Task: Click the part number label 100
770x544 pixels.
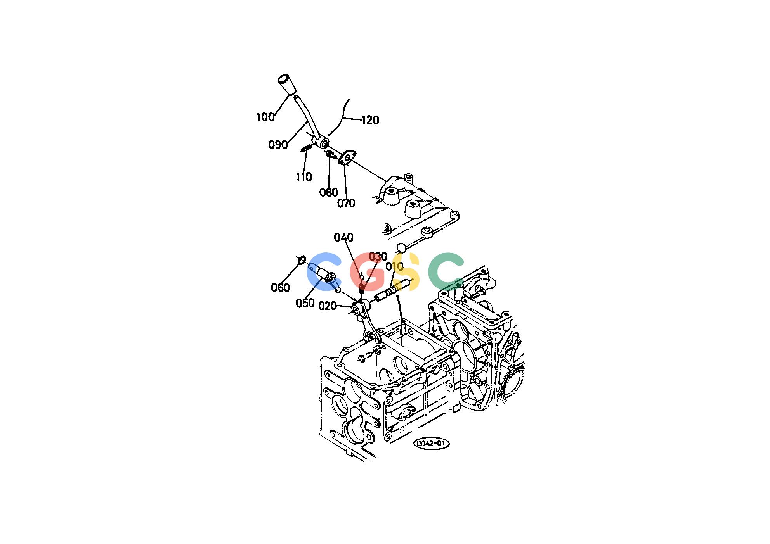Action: click(265, 117)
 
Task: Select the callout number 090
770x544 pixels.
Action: click(278, 145)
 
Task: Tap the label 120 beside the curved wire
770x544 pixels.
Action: click(370, 120)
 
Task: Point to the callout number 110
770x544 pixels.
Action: click(303, 177)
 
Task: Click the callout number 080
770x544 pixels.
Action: click(329, 192)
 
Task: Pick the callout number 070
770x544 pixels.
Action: click(346, 203)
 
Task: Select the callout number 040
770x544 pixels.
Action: click(344, 237)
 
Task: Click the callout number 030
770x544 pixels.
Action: click(378, 256)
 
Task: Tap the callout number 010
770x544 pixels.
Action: click(394, 266)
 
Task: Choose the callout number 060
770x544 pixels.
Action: click(280, 288)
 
